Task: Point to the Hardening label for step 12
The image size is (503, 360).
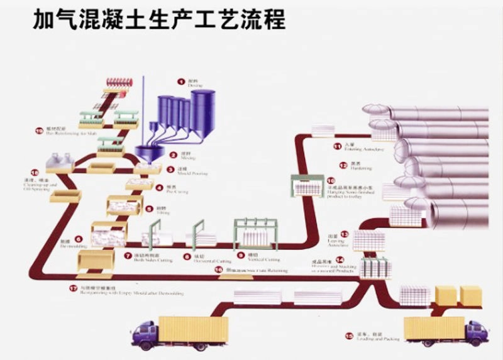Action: coord(360,168)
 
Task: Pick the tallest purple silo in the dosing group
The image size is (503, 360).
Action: coord(202,110)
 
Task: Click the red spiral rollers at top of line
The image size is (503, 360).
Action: coord(116,82)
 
